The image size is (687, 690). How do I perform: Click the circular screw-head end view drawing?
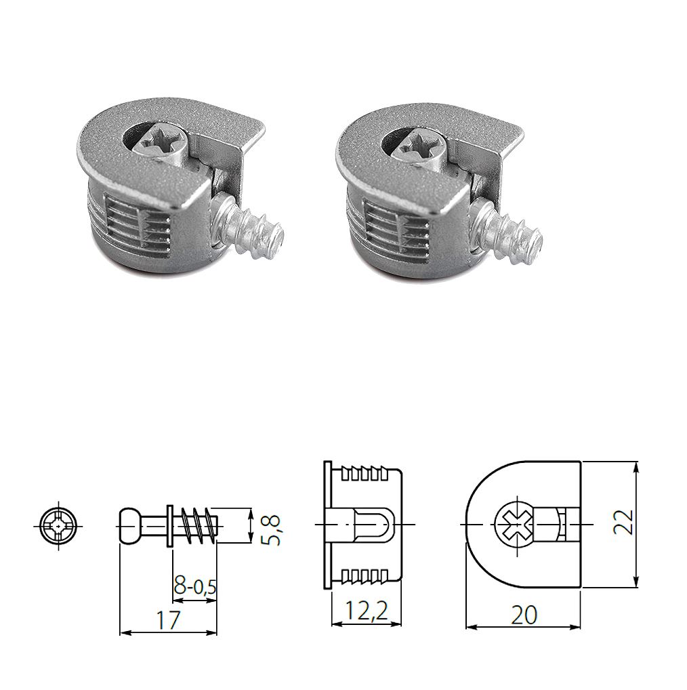(x=60, y=525)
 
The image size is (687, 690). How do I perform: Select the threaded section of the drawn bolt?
(x=199, y=526)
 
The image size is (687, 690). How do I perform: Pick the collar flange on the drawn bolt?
(x=169, y=525)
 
